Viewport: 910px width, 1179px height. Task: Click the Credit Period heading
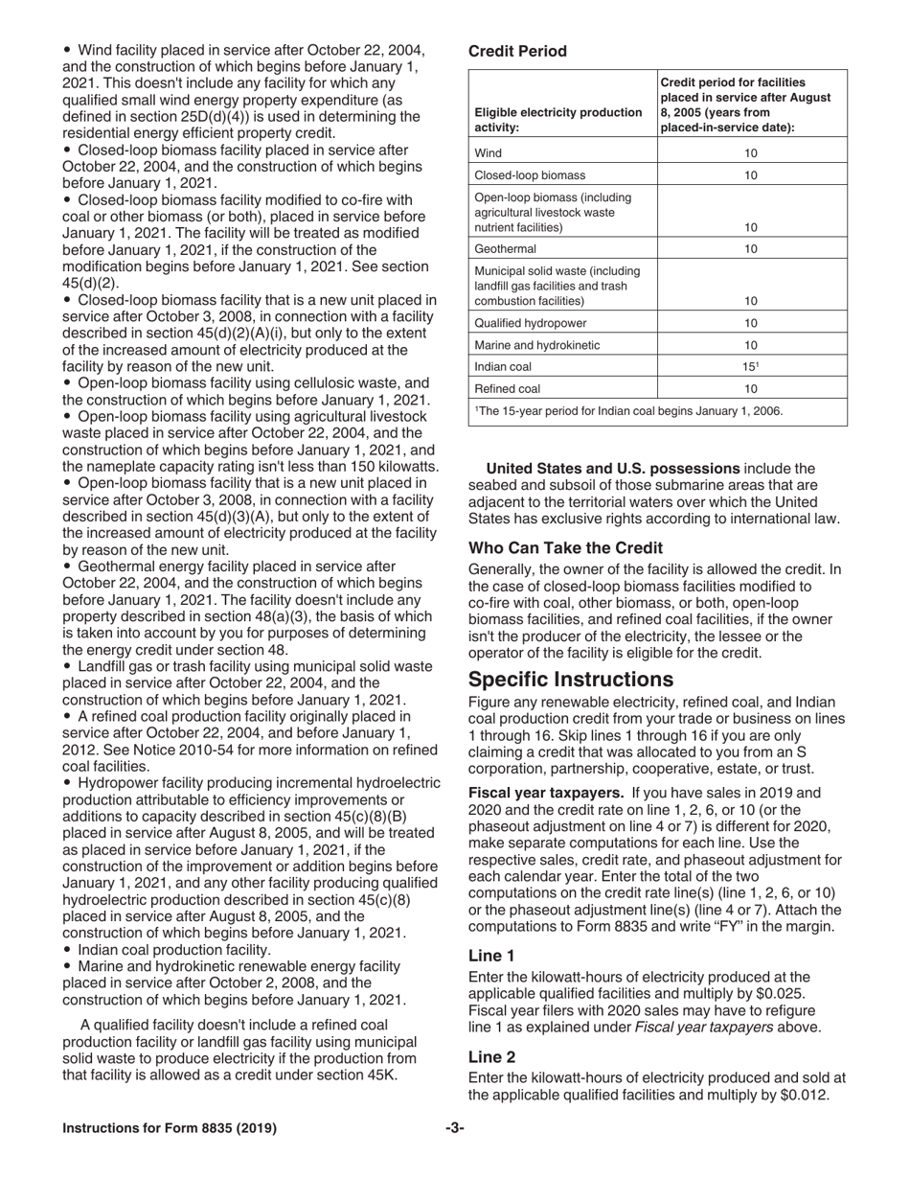pos(517,51)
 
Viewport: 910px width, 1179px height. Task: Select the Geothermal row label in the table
pos(506,249)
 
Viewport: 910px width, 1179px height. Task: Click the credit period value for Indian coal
pos(751,366)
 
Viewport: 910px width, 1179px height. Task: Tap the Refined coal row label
pos(508,389)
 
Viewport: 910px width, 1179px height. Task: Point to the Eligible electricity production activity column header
pos(558,119)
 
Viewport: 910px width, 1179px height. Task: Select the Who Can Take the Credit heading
pos(565,548)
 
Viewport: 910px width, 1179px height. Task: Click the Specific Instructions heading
pos(571,680)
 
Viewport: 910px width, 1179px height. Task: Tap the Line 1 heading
pos(491,956)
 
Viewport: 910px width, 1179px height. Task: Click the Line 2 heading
pos(491,1056)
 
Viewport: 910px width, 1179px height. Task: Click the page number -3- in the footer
pos(455,1128)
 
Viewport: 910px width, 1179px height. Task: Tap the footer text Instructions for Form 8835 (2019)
pos(170,1128)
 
